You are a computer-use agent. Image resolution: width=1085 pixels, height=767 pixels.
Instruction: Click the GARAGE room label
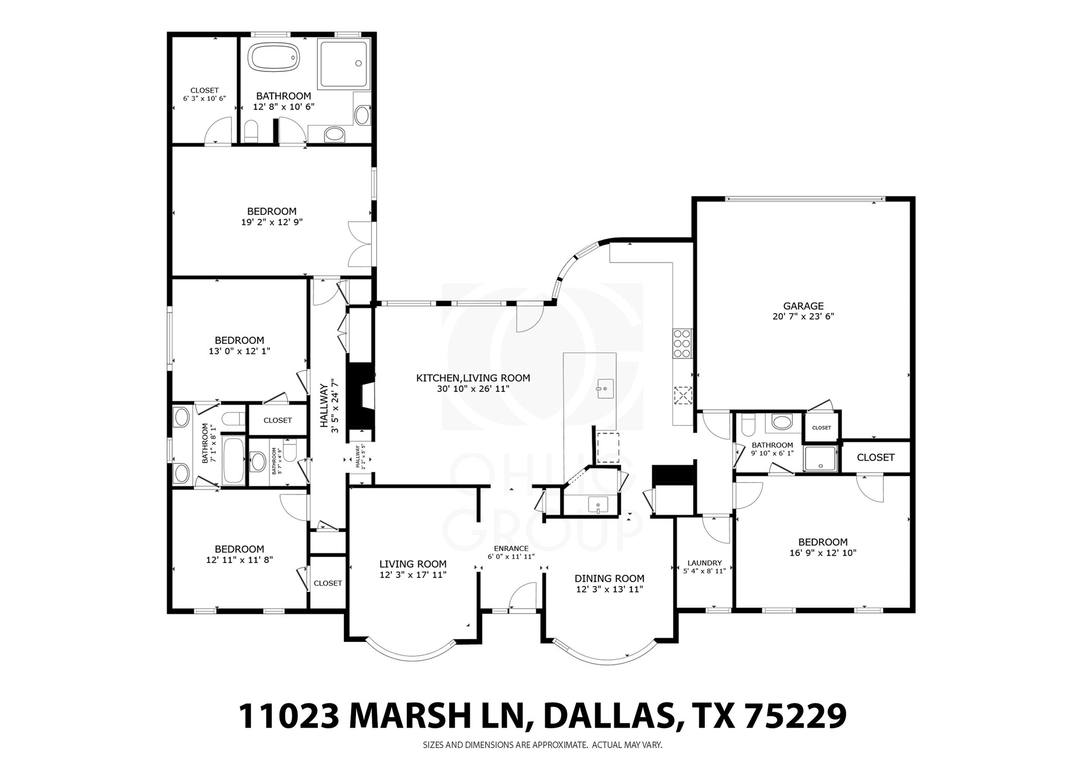point(803,306)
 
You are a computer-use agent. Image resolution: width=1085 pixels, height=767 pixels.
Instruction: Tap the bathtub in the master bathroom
point(274,57)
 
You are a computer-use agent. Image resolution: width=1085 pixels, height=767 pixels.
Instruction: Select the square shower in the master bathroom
point(344,63)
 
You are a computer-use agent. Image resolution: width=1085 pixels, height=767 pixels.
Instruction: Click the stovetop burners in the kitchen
point(682,343)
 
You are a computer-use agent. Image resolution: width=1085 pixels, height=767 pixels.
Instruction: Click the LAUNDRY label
point(704,563)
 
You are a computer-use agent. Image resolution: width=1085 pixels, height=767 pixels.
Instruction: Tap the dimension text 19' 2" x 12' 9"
point(272,222)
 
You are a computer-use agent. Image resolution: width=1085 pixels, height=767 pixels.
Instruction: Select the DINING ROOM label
point(609,579)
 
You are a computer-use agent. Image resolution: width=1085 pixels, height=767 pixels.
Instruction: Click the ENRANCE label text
point(511,548)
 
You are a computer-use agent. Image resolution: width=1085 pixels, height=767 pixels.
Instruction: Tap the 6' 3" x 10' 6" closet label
point(204,98)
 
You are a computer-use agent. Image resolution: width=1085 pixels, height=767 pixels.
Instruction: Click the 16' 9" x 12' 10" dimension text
point(823,553)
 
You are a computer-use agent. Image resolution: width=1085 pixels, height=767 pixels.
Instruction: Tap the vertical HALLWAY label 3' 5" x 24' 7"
point(329,406)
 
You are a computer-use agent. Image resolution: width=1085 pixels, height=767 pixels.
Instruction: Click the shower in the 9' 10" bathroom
point(821,459)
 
